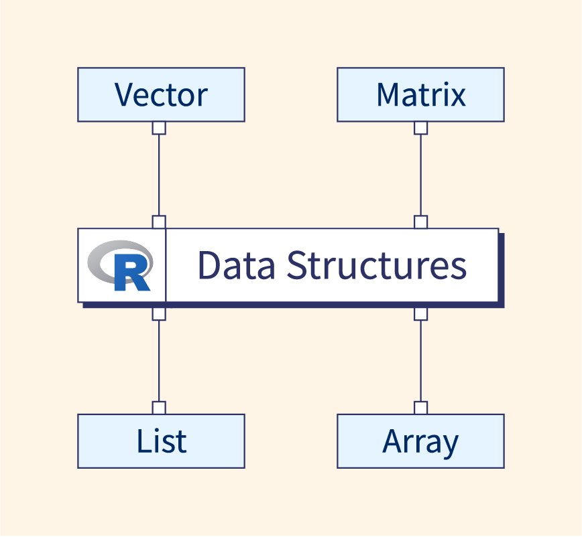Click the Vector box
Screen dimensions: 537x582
click(x=161, y=94)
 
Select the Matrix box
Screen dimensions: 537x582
click(x=420, y=94)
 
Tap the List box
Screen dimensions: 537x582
click(x=161, y=441)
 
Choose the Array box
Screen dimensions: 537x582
click(x=420, y=441)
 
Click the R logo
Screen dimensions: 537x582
click(x=121, y=266)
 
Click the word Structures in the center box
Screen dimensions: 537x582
click(x=376, y=265)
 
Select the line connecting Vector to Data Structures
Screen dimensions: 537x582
click(x=159, y=174)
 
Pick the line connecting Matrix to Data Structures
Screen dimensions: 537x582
click(x=420, y=174)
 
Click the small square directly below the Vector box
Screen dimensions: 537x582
click(x=159, y=128)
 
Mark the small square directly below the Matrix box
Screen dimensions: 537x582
click(x=420, y=128)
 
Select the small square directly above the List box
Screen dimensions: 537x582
click(x=159, y=408)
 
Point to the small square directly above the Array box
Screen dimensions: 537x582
click(x=420, y=408)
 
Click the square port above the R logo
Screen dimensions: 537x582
click(x=159, y=222)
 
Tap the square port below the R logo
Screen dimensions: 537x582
click(x=159, y=313)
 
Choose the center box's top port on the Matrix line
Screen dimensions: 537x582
click(x=420, y=222)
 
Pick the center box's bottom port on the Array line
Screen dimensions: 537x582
click(x=420, y=313)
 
